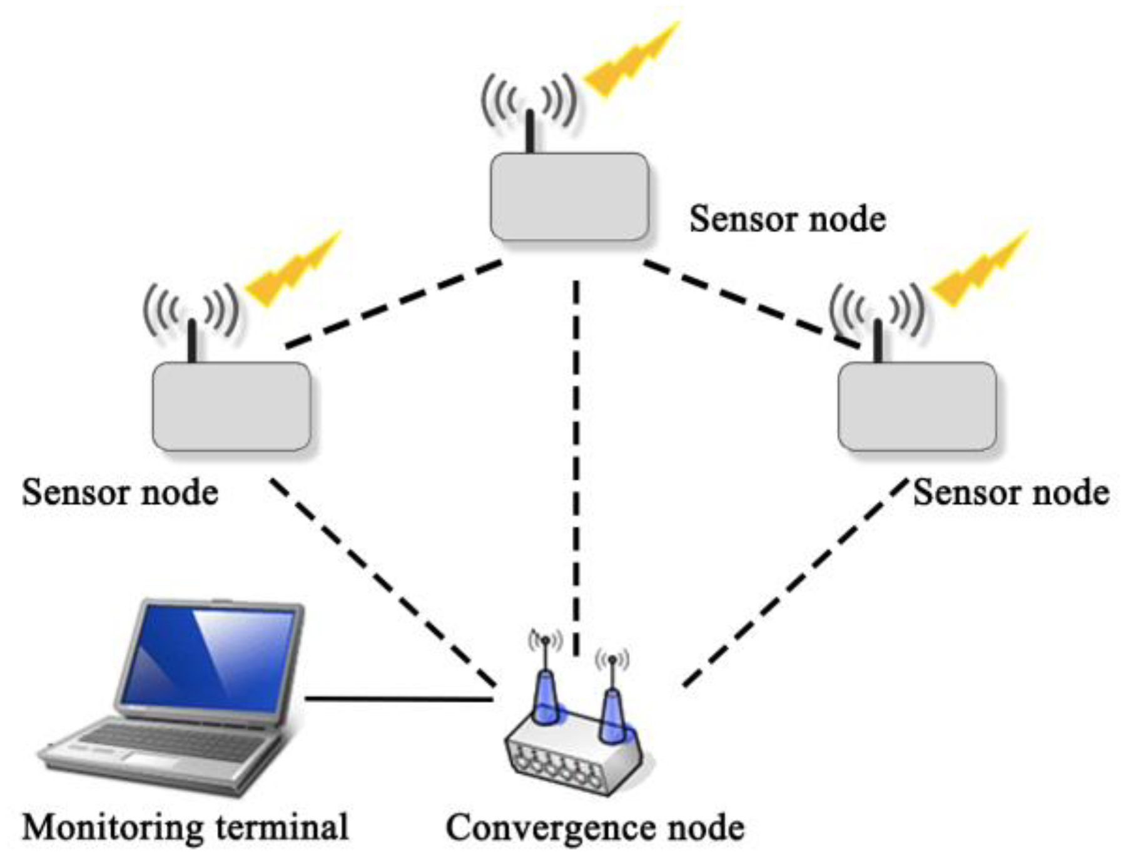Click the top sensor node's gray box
(569, 197)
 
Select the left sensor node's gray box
(231, 406)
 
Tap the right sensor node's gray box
(916, 406)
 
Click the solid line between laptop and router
(398, 699)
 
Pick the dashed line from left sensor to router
(382, 582)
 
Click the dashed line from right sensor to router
(794, 582)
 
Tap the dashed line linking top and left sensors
(394, 304)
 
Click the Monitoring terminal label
(185, 827)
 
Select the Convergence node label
(595, 827)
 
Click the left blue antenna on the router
(544, 695)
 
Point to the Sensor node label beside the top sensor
(787, 219)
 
